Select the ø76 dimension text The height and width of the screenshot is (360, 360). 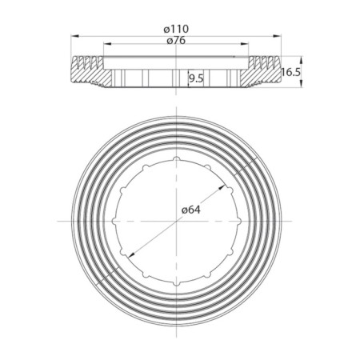[x=177, y=42]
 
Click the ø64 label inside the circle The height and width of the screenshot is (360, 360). [x=190, y=210]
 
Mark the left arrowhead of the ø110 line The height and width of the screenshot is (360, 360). [x=74, y=35]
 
